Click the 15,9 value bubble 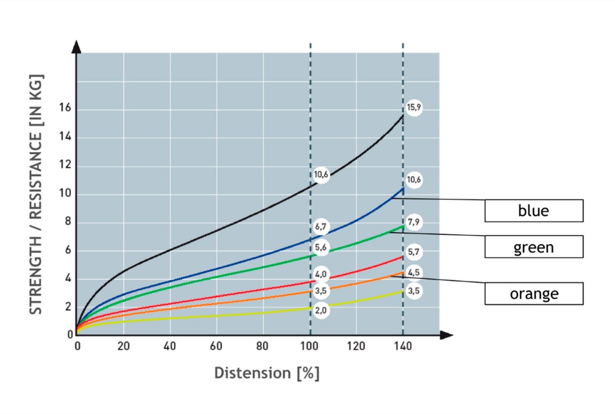(x=414, y=108)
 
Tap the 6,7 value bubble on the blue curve (x=321, y=227)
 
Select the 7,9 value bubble (x=414, y=222)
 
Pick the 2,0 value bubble (x=321, y=310)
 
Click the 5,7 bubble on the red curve (x=414, y=252)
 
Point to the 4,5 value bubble (x=414, y=272)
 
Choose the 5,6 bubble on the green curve (x=321, y=247)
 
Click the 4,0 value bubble (x=321, y=274)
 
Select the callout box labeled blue (x=534, y=211)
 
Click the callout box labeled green (x=534, y=247)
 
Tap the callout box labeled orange (x=534, y=294)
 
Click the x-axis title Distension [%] (x=267, y=373)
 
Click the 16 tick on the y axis (x=65, y=108)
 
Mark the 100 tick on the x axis (x=309, y=346)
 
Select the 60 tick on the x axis (x=216, y=346)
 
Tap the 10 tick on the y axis (x=65, y=194)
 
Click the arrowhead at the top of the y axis (x=77, y=47)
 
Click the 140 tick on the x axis (x=403, y=346)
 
